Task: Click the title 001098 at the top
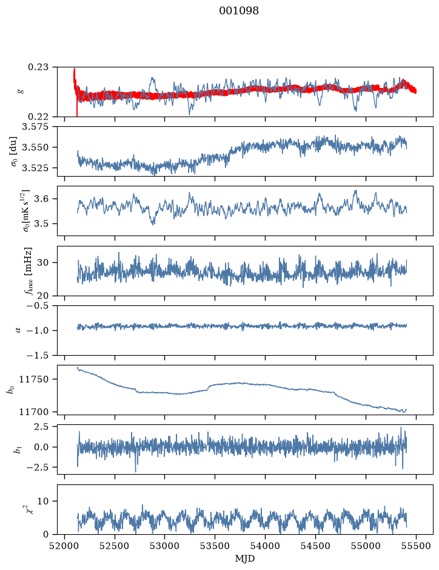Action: (x=239, y=11)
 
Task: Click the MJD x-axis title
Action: (x=245, y=558)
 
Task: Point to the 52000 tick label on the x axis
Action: (x=65, y=546)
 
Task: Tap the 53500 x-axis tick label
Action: (x=215, y=546)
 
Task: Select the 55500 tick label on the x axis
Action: (x=416, y=546)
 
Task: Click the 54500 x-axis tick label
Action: (x=315, y=546)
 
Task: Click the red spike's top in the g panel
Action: (x=75, y=69)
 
